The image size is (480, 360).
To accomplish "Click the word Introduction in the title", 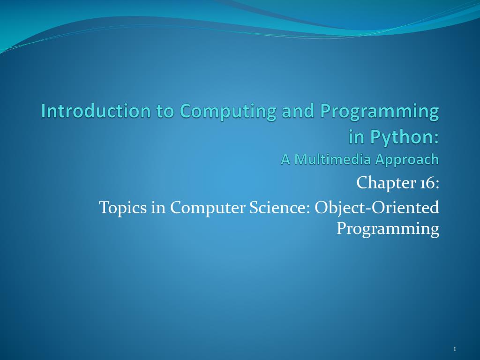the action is (x=96, y=111).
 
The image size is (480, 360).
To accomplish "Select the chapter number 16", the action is (x=427, y=183).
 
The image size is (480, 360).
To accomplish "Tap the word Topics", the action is (x=123, y=208).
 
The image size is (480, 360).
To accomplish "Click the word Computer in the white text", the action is (x=208, y=208).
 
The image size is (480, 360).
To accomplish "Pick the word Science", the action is (x=279, y=207).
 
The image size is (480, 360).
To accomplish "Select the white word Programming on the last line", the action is (x=388, y=229).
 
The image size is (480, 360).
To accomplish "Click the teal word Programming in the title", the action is (x=380, y=112).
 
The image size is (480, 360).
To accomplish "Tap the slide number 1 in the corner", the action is (x=455, y=349).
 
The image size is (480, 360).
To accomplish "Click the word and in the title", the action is (x=298, y=111).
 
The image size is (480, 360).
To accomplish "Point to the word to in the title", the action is (x=165, y=112).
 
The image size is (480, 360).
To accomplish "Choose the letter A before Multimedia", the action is (x=285, y=159).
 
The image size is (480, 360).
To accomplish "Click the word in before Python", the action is (x=357, y=137).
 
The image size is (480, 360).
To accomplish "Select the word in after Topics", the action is (x=158, y=208).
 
